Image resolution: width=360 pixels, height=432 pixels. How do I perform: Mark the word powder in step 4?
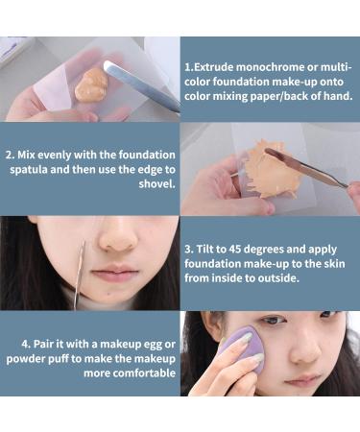click(25, 358)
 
